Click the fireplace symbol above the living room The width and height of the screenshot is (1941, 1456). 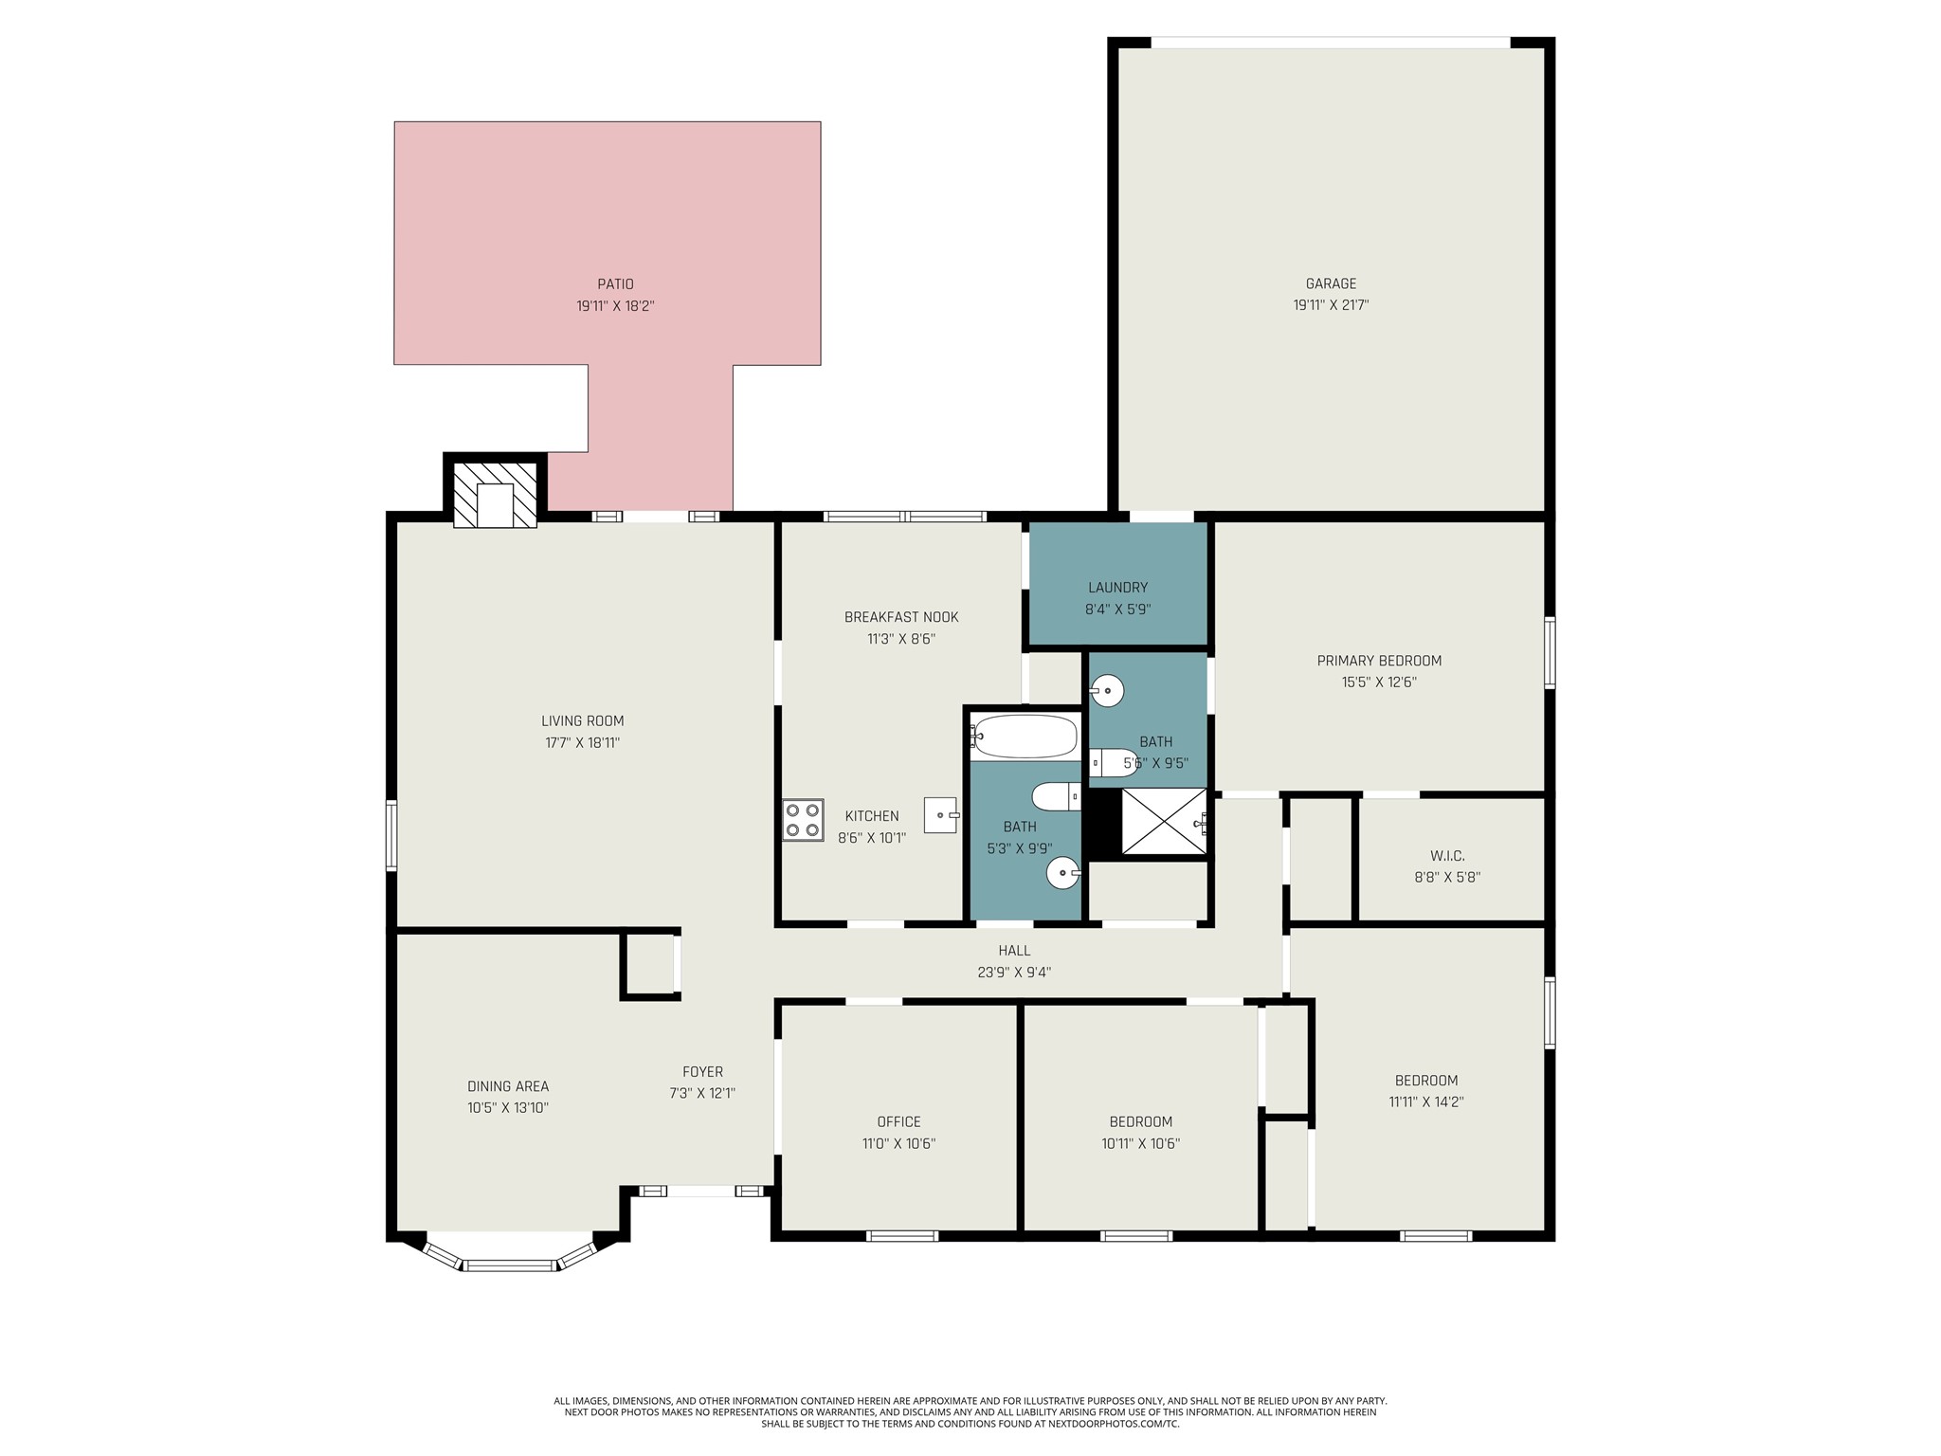[495, 494]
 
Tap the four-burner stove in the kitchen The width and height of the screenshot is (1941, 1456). [803, 820]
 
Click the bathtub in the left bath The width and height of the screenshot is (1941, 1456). [1025, 737]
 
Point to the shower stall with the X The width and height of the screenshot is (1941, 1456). [1164, 821]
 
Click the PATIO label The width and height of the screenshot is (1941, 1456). [615, 284]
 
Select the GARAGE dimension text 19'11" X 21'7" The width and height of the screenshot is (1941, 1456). [1331, 305]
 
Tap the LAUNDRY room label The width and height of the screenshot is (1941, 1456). [1118, 588]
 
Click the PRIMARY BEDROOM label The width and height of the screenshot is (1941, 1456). [1379, 661]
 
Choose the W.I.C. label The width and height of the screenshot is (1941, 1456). [1447, 856]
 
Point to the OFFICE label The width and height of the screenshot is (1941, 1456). [898, 1122]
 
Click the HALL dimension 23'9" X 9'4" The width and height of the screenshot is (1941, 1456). [1014, 973]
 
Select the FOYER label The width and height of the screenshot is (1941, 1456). [702, 1072]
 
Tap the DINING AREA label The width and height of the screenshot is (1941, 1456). [508, 1086]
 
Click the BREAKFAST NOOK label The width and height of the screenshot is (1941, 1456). [901, 617]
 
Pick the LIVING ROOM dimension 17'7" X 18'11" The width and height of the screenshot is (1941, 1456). [582, 743]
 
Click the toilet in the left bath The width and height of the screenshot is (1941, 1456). [1056, 796]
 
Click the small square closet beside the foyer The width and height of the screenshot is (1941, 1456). [650, 964]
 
